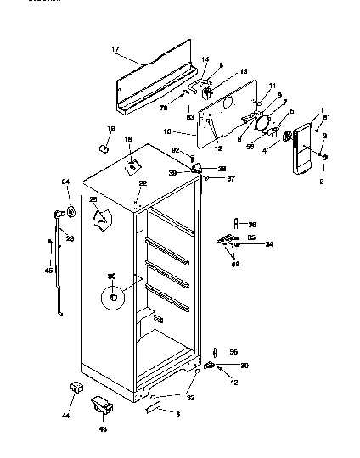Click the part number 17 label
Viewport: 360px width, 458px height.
click(115, 50)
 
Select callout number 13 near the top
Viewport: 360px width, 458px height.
click(220, 71)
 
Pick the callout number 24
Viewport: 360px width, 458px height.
click(65, 182)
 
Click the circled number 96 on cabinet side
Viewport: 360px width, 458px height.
click(111, 276)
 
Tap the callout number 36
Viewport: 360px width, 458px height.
click(251, 224)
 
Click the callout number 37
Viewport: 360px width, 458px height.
click(231, 178)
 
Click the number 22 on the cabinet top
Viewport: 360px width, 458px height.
click(143, 184)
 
